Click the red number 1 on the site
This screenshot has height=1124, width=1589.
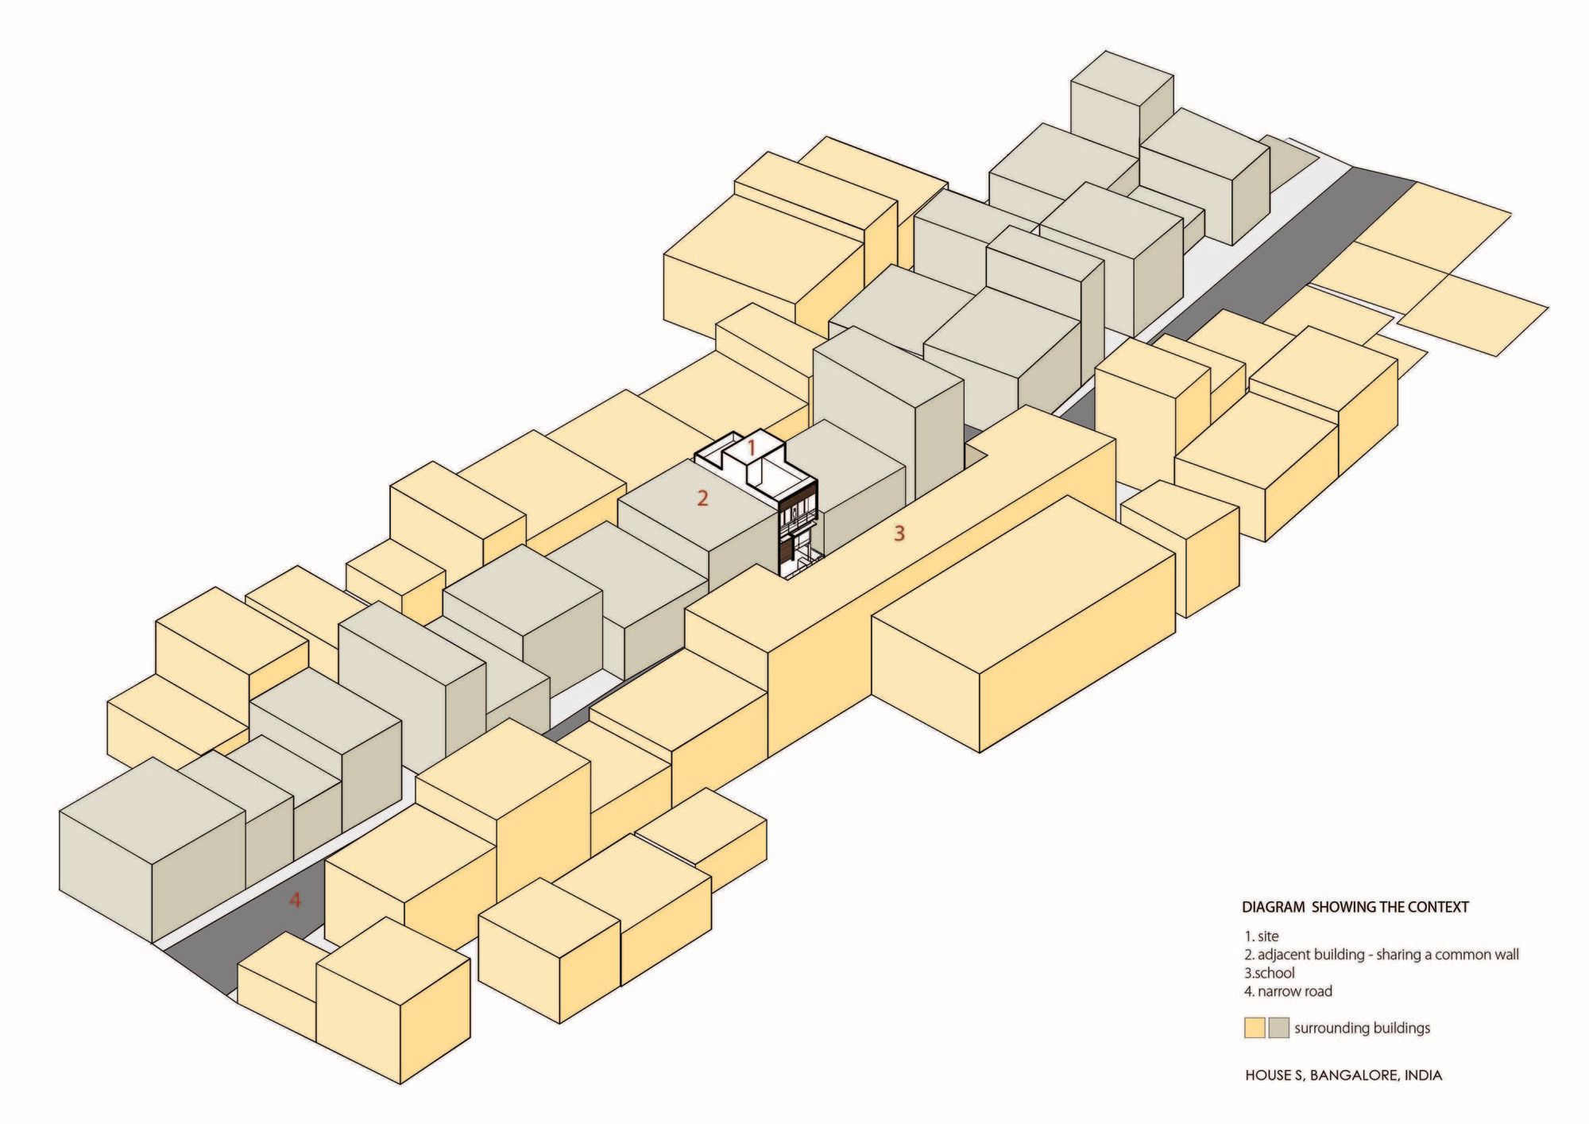750,449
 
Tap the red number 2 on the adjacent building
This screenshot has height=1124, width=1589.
702,499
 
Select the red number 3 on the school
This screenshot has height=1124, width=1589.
899,533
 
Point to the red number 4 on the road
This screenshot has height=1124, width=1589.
296,901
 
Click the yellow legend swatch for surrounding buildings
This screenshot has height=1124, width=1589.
1255,1029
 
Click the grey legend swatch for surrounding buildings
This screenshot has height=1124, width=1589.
1279,1029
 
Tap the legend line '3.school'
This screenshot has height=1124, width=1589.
1270,973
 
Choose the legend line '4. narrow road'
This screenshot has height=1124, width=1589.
1288,991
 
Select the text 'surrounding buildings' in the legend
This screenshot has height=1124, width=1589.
1362,1029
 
